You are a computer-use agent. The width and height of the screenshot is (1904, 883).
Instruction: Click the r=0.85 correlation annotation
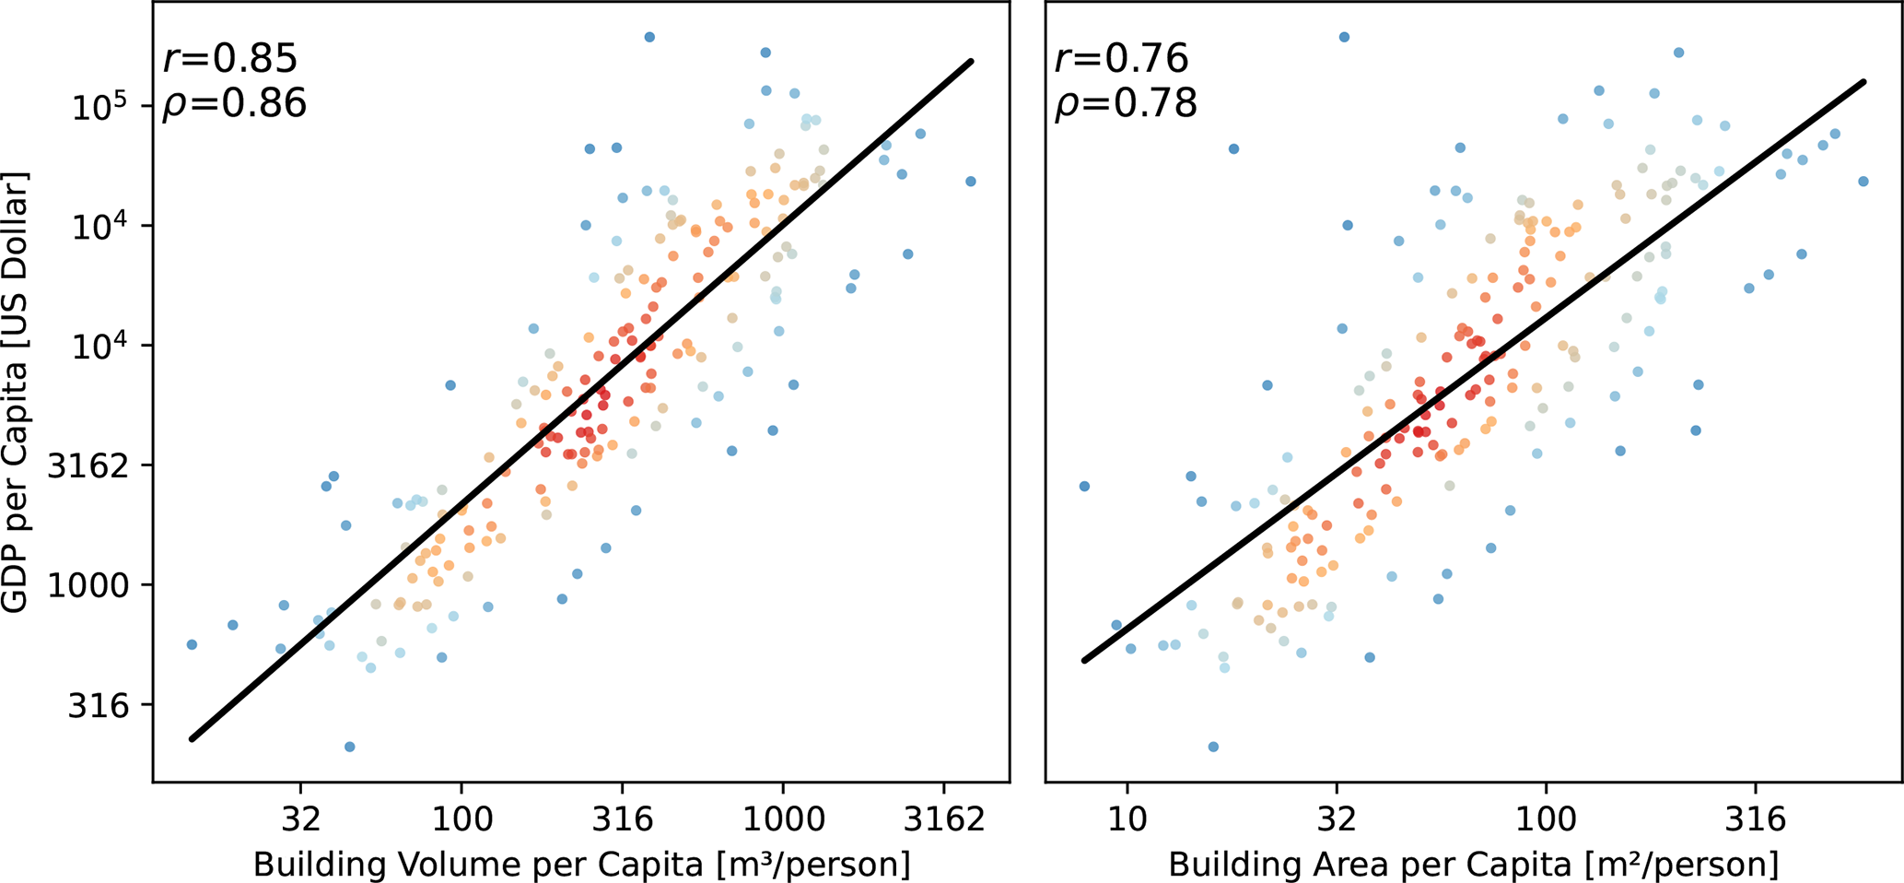229,58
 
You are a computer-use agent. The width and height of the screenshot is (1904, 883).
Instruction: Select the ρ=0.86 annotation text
234,102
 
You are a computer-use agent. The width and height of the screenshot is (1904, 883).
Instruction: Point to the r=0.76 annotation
1121,58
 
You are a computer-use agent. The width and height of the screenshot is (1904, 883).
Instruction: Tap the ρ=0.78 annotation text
1126,102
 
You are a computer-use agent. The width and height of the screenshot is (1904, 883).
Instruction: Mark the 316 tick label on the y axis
99,705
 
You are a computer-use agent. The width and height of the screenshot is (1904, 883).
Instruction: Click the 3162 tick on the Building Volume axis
942,818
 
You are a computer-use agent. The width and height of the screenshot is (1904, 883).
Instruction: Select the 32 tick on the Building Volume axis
300,818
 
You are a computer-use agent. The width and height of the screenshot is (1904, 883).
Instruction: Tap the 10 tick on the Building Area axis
1127,818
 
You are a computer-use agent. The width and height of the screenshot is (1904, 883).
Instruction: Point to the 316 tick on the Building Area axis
1756,818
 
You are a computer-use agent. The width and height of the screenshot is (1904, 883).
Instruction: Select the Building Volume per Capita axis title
581,865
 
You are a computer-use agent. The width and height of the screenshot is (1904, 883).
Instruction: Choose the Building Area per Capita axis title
1473,865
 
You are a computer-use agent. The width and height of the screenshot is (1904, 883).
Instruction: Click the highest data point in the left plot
649,37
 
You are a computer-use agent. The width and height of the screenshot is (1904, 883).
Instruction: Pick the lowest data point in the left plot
349,747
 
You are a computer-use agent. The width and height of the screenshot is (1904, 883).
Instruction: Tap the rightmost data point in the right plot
1863,182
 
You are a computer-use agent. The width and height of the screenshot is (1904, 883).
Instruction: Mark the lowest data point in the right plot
1213,747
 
